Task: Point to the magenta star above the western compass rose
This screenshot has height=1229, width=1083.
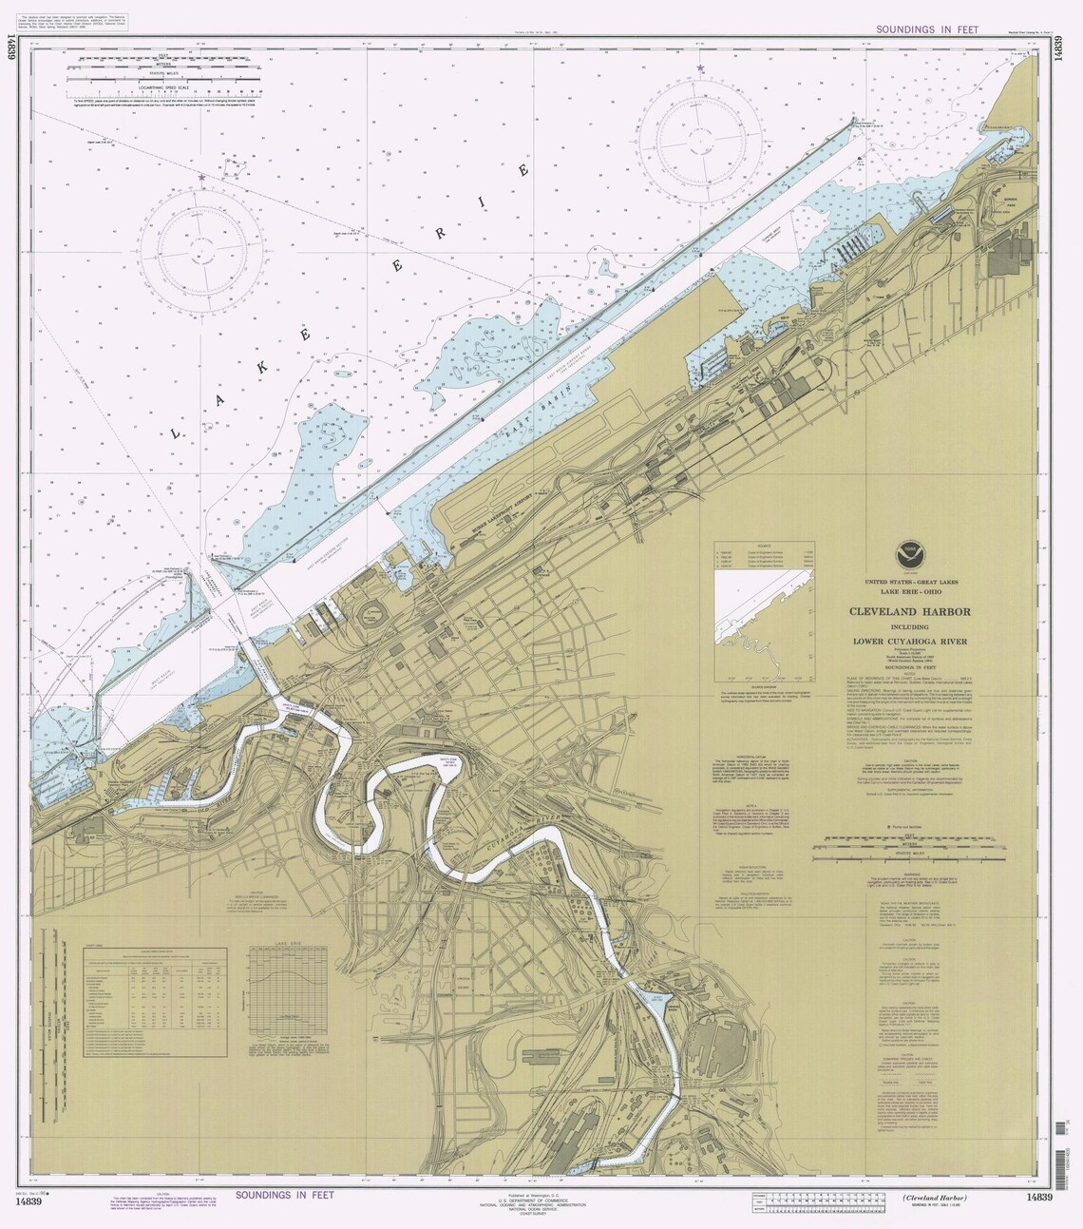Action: tap(201, 178)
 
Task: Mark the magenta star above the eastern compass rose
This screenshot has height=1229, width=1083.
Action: tap(701, 68)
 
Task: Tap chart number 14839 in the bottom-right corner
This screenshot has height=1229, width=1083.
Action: tap(1034, 1201)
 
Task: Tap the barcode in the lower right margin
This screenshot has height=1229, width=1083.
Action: tap(1062, 1164)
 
